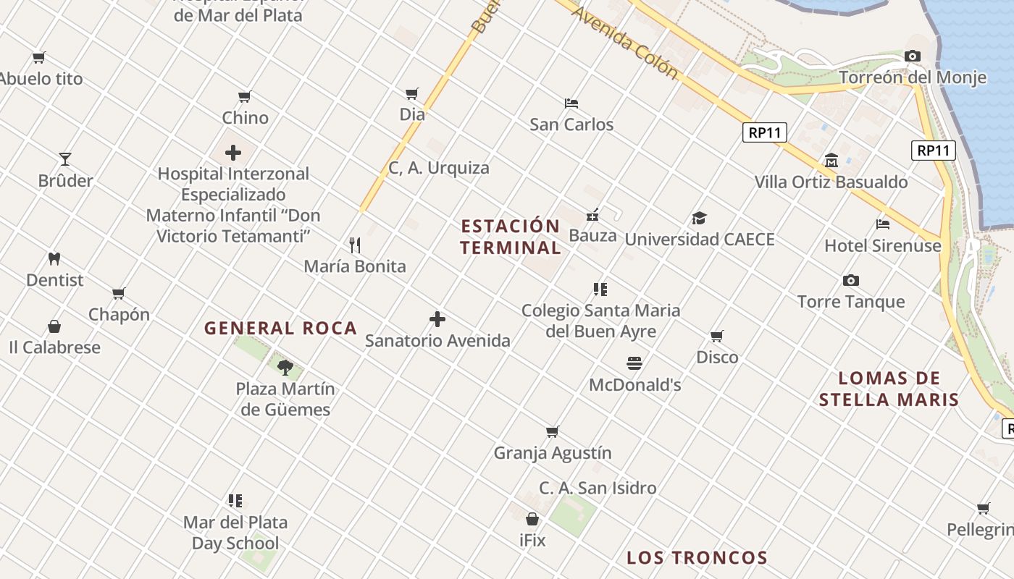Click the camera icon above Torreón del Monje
(913, 56)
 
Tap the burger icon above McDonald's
(634, 363)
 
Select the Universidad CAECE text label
(700, 240)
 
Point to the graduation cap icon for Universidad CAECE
(699, 218)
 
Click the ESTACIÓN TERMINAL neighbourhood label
(511, 237)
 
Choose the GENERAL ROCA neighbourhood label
(281, 328)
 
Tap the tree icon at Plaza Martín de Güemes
(285, 367)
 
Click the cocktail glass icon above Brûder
(65, 159)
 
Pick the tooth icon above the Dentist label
(54, 258)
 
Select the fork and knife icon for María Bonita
(355, 245)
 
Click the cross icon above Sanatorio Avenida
(437, 319)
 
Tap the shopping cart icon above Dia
(412, 93)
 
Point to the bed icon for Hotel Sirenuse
(883, 224)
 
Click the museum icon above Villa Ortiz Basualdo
(831, 161)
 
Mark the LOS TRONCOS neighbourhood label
(697, 558)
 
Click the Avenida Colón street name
(625, 43)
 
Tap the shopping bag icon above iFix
(532, 519)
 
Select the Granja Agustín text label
(553, 453)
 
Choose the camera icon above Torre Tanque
(851, 280)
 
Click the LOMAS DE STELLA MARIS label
(889, 389)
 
